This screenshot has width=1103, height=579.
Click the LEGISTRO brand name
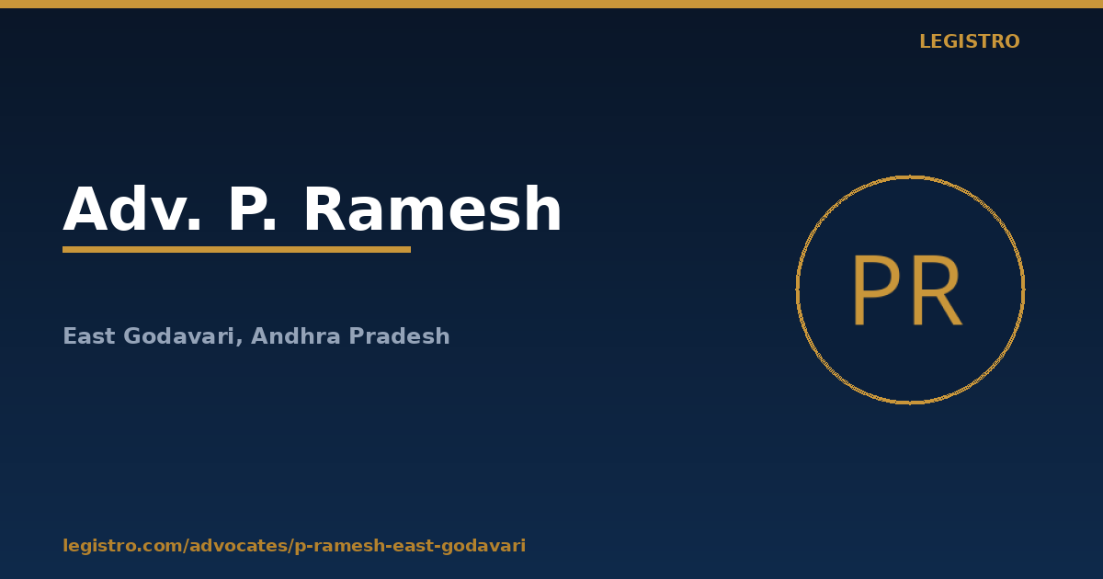click(x=970, y=41)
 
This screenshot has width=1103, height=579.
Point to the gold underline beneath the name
click(x=237, y=250)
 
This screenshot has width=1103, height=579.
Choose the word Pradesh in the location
click(x=399, y=336)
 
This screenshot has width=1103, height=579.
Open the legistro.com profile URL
click(x=294, y=546)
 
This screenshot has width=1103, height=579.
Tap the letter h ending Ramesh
click(x=543, y=209)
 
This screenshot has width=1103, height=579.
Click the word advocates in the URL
click(x=238, y=545)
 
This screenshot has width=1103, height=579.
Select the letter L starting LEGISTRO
click(x=925, y=41)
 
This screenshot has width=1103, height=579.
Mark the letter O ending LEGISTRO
click(x=1012, y=41)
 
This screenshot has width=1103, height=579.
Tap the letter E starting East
click(x=69, y=336)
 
